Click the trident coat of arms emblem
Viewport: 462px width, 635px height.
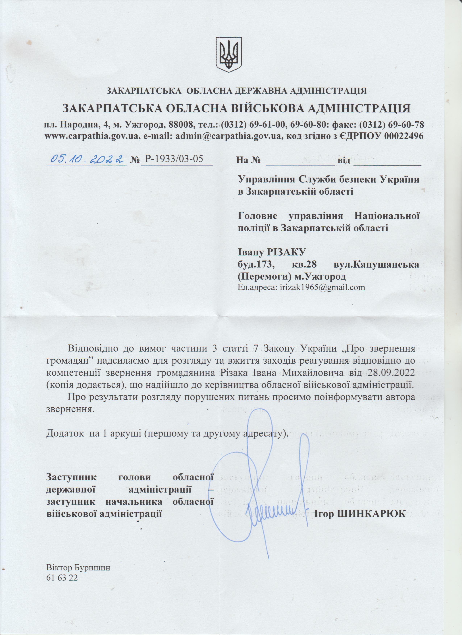pos(229,53)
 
